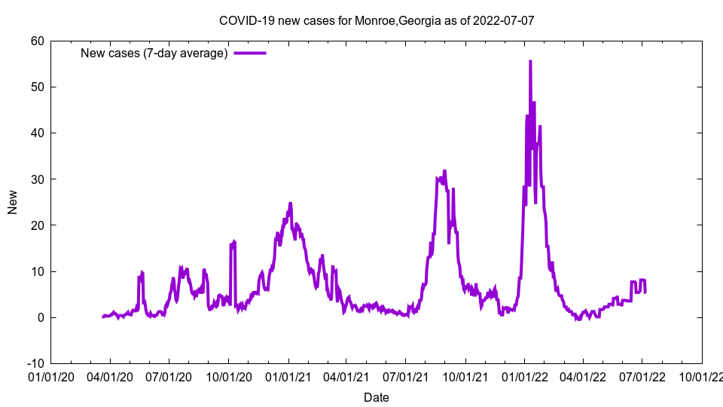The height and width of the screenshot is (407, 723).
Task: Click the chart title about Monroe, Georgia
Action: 377,20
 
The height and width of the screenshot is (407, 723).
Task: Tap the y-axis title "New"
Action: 13,202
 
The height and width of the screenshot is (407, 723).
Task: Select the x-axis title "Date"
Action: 377,397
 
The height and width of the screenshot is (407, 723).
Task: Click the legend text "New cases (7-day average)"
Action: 154,53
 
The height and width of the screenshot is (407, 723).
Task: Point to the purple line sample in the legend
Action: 250,53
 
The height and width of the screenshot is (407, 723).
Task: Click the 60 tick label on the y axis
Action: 37,41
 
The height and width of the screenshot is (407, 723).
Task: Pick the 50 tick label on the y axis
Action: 37,87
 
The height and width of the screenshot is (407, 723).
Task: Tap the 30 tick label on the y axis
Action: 37,179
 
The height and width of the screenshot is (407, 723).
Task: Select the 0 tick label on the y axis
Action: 40,317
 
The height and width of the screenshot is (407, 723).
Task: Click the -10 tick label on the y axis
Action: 35,363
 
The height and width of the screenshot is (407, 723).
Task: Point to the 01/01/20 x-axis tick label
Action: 50,375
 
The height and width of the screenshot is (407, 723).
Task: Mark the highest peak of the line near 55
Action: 530,62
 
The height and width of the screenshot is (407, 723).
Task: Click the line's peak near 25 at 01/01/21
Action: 290,203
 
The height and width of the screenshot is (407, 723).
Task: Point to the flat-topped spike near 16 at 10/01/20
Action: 233,243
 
